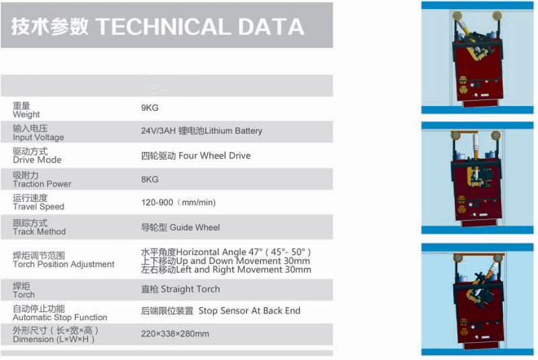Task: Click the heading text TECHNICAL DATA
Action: point(200,27)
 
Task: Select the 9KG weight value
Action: point(150,108)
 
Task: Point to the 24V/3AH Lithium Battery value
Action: point(201,131)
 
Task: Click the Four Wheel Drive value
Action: point(196,156)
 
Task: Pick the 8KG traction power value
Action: point(150,180)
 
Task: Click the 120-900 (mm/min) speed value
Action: point(179,203)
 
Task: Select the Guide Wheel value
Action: point(180,228)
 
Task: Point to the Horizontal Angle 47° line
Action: point(226,252)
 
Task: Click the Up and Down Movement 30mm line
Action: point(226,261)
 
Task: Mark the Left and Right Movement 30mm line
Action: point(226,270)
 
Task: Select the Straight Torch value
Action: point(180,289)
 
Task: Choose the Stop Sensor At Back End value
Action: point(221,311)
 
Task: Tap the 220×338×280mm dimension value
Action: point(175,334)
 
